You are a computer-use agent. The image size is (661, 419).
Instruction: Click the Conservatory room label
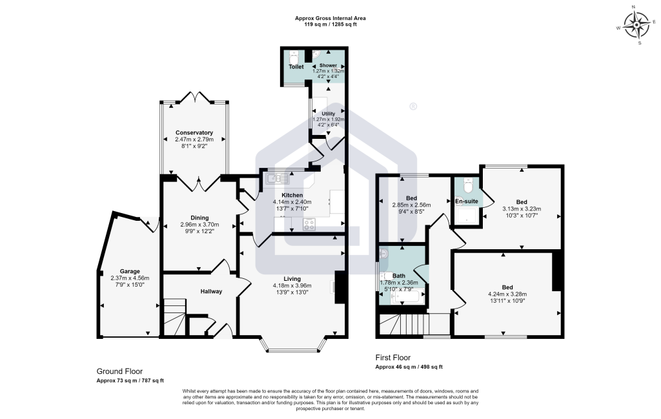coord(194,133)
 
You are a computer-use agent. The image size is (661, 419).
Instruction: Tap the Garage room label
coord(130,271)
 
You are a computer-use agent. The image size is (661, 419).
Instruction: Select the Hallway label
coord(211,291)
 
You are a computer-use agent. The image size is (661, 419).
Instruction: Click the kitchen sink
coord(278,179)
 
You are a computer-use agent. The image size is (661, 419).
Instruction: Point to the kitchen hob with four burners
coord(309,224)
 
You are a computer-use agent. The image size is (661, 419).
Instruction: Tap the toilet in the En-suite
coord(467,185)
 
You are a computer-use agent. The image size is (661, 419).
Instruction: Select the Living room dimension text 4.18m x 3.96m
coord(292,285)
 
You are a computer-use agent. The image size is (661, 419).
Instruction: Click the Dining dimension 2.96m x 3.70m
coord(199,225)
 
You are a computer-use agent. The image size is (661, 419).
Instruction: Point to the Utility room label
coord(329,114)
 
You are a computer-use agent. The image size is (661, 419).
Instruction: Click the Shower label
coord(329,65)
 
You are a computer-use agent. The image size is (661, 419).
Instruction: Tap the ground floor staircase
coord(174,317)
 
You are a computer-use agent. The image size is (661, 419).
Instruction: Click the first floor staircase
coord(414,324)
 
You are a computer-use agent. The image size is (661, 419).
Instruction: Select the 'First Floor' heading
coord(393,358)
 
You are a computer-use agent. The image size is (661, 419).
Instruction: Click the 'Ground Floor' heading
coord(119,371)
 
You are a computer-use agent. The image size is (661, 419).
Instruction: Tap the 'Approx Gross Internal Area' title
coord(330,18)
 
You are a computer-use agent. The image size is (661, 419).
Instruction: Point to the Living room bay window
coord(293,345)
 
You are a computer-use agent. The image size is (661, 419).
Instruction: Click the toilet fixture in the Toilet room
coord(294,56)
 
